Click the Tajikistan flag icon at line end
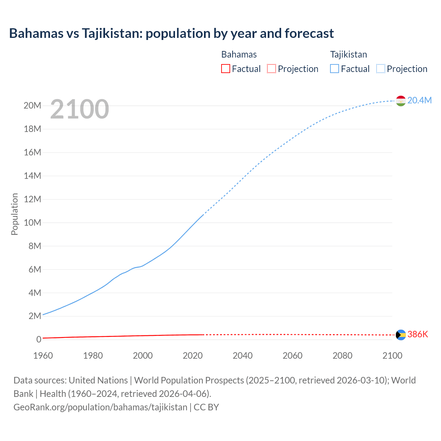(x=401, y=101)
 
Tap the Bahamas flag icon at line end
(x=401, y=335)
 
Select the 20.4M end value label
(x=419, y=100)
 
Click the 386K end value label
(x=418, y=334)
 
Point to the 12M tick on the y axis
(x=32, y=199)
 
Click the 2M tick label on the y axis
(x=34, y=316)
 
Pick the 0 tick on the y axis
(x=39, y=339)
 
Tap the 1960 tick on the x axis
(x=43, y=356)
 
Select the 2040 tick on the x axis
(x=243, y=356)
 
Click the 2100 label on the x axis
(x=392, y=356)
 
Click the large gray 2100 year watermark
(x=80, y=109)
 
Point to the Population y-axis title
(x=14, y=214)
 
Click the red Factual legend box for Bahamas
(x=225, y=69)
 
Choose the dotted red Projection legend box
(x=271, y=69)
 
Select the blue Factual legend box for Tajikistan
(x=334, y=69)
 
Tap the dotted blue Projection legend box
(x=380, y=69)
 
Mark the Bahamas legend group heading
(x=239, y=54)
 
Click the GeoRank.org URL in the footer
(x=100, y=407)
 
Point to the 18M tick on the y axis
(x=32, y=129)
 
